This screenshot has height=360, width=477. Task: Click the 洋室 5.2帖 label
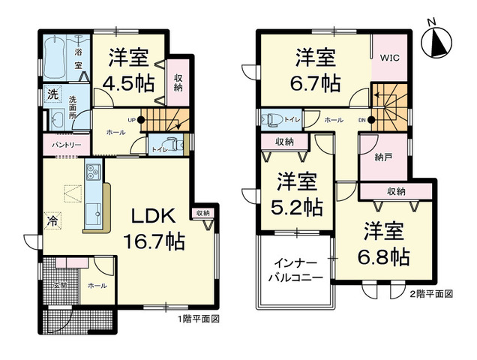point(295,193)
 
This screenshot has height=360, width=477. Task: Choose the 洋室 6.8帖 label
point(384,244)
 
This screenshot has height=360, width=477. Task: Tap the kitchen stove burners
point(93,172)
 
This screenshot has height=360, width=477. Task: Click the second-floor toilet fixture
point(271,118)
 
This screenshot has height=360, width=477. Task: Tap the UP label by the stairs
point(130,119)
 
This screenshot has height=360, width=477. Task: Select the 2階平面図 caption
point(430,294)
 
